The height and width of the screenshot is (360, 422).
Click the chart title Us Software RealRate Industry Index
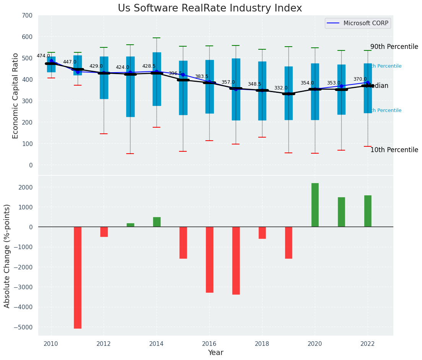(210, 8)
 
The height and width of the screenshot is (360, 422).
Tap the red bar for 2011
(78, 277)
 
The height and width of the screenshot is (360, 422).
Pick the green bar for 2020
(315, 205)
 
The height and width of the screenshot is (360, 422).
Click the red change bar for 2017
(236, 261)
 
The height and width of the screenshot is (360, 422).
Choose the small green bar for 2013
(130, 225)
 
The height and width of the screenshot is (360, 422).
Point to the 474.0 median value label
(43, 56)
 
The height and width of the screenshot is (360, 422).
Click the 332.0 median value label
(280, 88)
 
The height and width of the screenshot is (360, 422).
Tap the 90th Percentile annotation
(394, 47)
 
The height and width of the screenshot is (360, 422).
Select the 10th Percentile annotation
(394, 150)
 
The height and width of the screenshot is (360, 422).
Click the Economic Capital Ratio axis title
(16, 96)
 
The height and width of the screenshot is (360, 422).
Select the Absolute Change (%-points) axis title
(7, 256)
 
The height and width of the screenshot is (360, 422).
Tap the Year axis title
(215, 353)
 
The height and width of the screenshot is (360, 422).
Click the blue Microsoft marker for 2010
(51, 61)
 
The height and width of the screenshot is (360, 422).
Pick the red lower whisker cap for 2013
(130, 154)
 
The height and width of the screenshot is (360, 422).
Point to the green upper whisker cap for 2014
(156, 38)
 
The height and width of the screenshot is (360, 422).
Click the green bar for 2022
(368, 211)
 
